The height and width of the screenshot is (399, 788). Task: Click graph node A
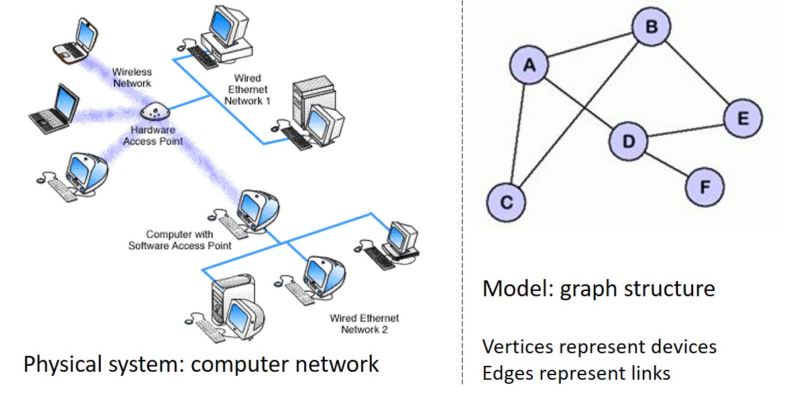coord(529,65)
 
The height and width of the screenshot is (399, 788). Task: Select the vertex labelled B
coord(651,27)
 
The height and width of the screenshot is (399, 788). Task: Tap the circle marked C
coord(506,202)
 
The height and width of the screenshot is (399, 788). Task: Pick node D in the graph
coord(628,141)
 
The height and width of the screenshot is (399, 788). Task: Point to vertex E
coord(743,118)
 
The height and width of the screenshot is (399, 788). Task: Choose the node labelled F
coord(704,188)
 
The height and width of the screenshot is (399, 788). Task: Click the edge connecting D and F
coord(666,164)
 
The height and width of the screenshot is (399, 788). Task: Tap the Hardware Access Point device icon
coord(154,111)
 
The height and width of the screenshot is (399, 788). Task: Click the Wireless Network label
coord(132,78)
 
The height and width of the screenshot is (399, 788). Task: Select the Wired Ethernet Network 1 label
coord(247,89)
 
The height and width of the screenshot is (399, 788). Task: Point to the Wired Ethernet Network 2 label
coord(365,323)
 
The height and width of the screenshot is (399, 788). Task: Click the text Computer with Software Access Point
coord(180,240)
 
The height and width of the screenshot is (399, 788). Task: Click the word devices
coord(685,346)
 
